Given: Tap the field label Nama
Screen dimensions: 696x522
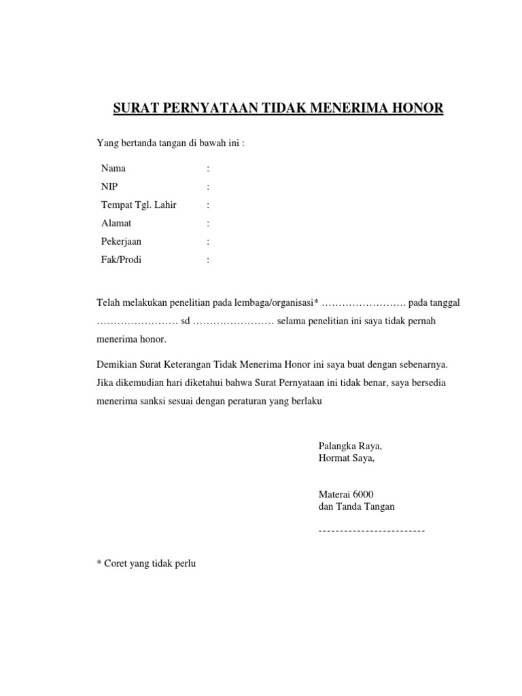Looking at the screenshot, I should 113,168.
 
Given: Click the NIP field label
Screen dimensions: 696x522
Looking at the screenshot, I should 109,186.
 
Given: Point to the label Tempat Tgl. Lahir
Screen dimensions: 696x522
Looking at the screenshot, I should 138,205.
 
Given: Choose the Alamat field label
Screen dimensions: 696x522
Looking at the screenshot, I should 116,223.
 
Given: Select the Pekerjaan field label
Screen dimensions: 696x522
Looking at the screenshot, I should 121,241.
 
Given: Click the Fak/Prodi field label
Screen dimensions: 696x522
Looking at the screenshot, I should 121,260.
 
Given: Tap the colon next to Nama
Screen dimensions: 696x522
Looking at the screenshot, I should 208,168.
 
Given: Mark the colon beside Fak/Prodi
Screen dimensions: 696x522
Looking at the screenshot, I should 208,260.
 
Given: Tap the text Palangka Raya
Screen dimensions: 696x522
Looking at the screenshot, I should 350,446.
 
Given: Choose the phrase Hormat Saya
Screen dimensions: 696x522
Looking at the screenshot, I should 346,457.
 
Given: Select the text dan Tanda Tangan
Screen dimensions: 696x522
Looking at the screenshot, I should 356,506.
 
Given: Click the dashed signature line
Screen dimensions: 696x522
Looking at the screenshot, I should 371,529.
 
